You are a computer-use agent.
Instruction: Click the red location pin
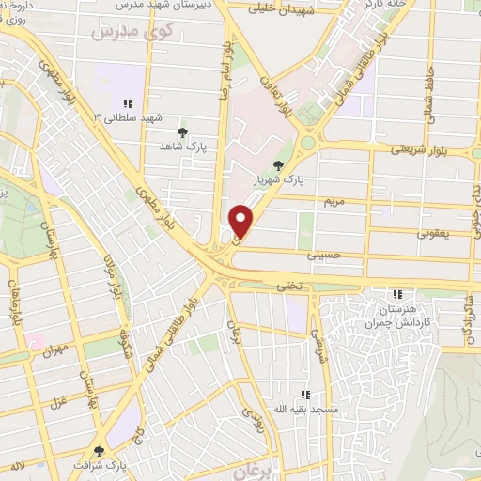click(241, 221)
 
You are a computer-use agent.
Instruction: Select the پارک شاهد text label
click(181, 147)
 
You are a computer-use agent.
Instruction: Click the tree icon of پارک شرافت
click(100, 451)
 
